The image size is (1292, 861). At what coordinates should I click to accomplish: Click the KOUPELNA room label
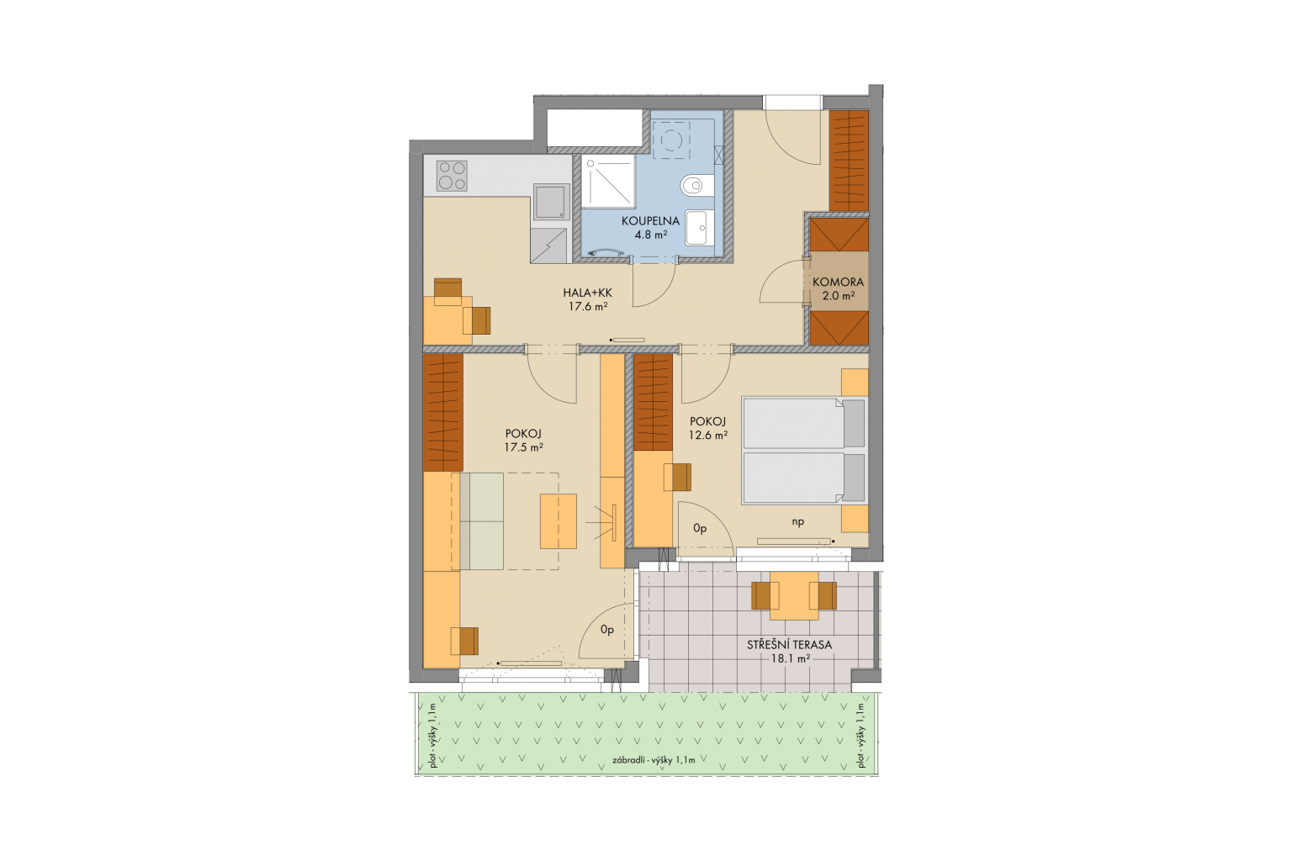650,221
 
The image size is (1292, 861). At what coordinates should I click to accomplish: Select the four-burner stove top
452,176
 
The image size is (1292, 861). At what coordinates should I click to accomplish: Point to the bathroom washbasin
700,228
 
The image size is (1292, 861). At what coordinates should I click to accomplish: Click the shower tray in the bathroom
608,181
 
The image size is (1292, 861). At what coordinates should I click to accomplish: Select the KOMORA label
838,282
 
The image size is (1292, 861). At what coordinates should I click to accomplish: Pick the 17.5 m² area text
523,447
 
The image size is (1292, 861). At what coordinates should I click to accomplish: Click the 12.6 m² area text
707,436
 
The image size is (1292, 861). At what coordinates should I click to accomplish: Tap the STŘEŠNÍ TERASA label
789,645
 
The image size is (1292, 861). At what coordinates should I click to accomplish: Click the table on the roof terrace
794,596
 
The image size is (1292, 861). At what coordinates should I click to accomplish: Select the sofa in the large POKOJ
477,521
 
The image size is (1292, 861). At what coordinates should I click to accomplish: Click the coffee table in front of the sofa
558,521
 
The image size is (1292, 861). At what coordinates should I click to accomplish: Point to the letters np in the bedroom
797,522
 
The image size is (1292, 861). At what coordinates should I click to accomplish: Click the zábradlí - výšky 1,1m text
654,760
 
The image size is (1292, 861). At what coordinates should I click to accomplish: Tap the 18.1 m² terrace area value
789,658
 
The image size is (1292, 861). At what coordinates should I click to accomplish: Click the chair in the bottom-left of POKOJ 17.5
465,641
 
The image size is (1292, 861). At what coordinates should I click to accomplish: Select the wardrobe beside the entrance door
849,161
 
